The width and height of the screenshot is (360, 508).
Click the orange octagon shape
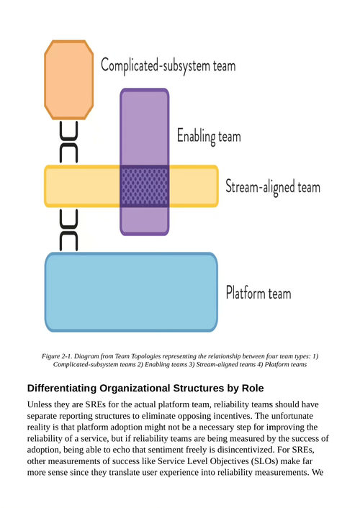[x=68, y=80]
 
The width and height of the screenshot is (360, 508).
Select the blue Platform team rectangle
[x=131, y=292]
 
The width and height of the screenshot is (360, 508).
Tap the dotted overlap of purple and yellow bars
[x=145, y=186]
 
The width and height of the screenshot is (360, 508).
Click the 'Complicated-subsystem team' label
[x=168, y=65]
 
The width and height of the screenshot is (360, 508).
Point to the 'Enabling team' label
[x=209, y=136]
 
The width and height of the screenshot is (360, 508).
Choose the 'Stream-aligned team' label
[x=273, y=187]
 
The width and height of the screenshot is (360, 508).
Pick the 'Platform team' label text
[x=258, y=293]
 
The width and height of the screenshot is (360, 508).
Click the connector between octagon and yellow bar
[x=68, y=142]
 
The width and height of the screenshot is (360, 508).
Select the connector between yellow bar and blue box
[x=68, y=230]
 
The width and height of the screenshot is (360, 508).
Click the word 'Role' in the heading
[x=253, y=388]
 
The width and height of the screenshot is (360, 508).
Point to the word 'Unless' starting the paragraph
[x=37, y=404]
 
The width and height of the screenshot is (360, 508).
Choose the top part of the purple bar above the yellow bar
[x=145, y=127]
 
